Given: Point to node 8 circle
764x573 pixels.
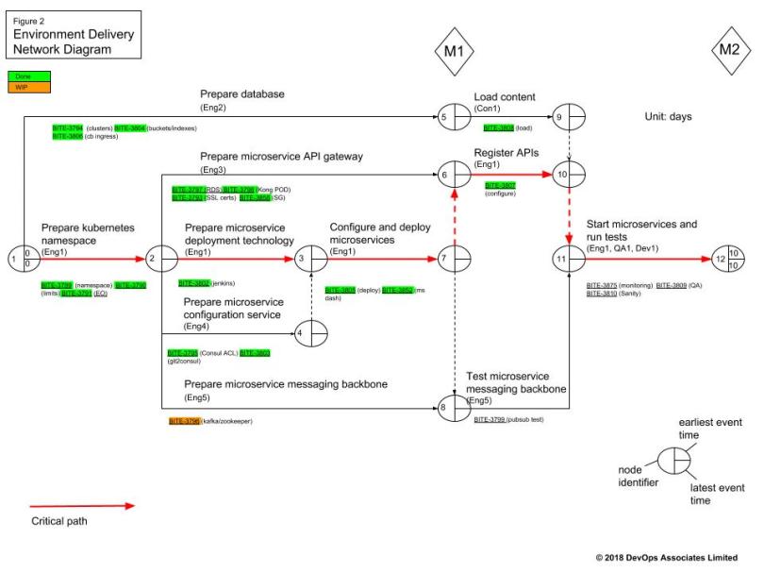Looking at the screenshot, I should (454, 408).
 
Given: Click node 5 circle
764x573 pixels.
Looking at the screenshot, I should (454, 117).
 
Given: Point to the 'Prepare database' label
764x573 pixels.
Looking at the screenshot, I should (241, 94).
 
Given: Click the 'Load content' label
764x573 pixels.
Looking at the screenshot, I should (504, 96).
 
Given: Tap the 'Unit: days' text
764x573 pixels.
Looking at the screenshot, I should (667, 117).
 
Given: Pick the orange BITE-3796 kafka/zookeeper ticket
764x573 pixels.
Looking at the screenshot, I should (185, 420).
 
